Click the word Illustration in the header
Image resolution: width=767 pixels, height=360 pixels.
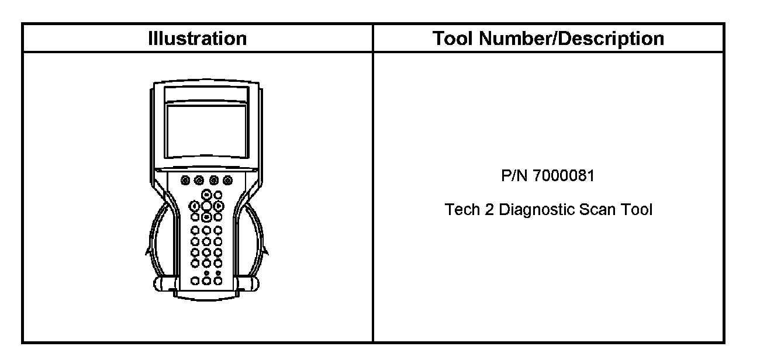point(197,39)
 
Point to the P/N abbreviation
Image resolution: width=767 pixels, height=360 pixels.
point(514,175)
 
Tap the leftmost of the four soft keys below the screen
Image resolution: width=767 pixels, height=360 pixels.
point(185,180)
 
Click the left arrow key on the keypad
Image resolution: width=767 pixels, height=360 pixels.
point(195,206)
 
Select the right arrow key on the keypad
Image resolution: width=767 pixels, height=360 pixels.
point(218,206)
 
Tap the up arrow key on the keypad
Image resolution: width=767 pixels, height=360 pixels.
point(207,195)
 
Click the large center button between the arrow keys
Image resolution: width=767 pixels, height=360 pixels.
point(207,206)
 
